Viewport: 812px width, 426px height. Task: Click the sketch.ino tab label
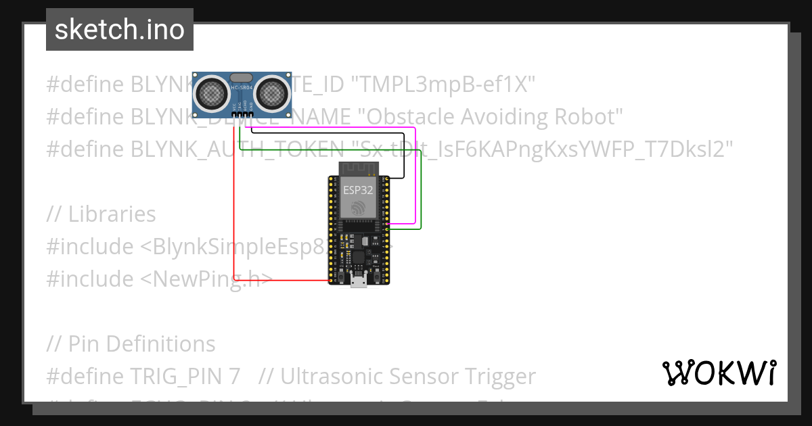[x=120, y=30]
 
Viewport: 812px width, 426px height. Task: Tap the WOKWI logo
[x=719, y=373]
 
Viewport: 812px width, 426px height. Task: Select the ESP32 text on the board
[x=357, y=190]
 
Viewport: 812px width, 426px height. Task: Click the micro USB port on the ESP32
[x=359, y=282]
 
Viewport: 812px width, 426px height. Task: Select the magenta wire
[x=414, y=176]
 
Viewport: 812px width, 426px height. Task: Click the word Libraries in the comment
[x=112, y=214]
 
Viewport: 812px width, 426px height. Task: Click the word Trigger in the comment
[x=495, y=376]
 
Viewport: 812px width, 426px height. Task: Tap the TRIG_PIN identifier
[x=179, y=376]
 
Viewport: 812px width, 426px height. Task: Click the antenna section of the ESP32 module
[x=357, y=170]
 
